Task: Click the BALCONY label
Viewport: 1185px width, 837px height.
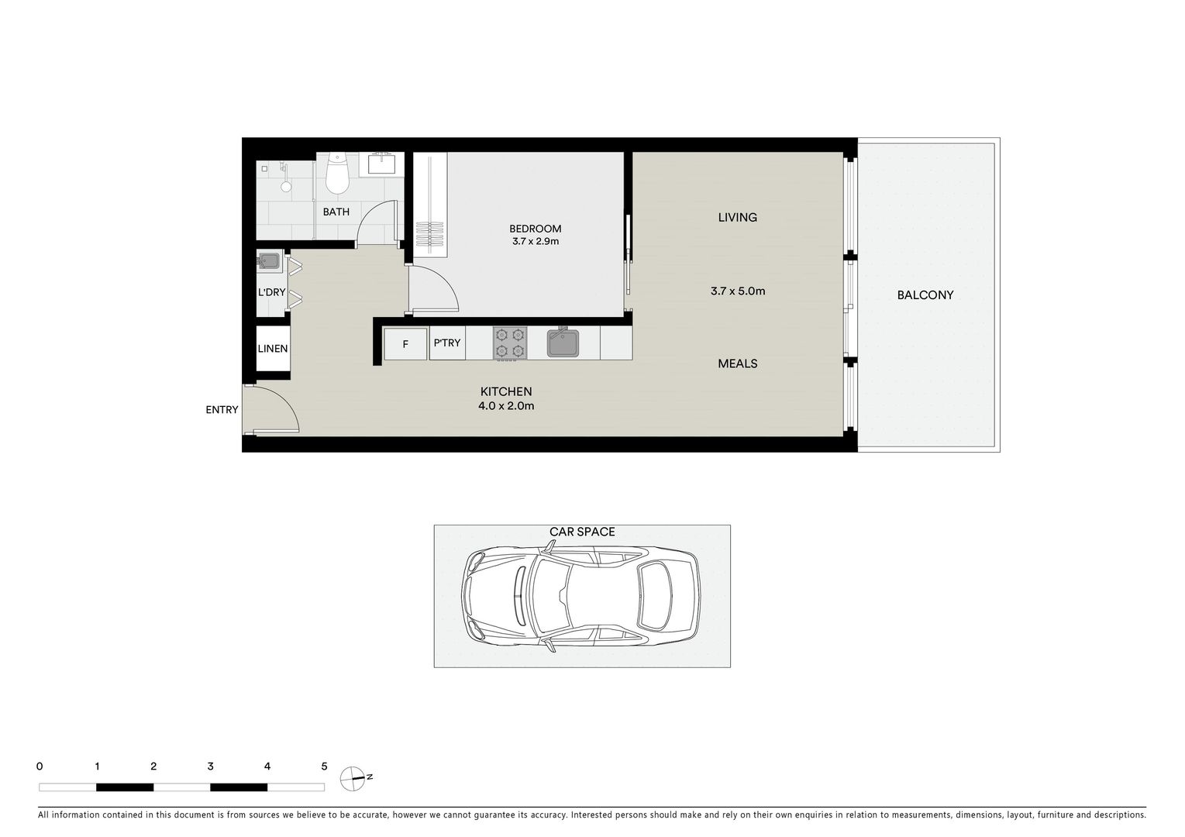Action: (x=925, y=295)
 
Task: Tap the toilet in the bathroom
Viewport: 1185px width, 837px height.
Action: (x=337, y=174)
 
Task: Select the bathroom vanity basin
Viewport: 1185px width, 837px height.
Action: (x=381, y=164)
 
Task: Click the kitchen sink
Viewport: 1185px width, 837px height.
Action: (x=563, y=343)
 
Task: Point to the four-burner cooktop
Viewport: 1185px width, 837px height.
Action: (x=510, y=343)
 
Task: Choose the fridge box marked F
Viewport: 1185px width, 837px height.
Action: (x=405, y=344)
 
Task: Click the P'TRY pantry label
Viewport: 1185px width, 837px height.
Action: (x=447, y=343)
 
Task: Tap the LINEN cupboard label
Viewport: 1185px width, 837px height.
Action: (x=273, y=349)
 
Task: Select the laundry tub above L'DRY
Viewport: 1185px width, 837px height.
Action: (x=269, y=262)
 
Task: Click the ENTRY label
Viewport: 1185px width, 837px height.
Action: (x=222, y=410)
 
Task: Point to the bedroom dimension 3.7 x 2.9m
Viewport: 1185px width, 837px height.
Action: (x=535, y=241)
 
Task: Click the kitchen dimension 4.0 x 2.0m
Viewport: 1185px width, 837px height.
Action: (x=505, y=406)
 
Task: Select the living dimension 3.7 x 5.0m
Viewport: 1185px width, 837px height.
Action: (x=737, y=291)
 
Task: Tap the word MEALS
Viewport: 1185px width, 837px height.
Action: (x=737, y=363)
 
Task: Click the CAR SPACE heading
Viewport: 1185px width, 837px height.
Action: (x=582, y=532)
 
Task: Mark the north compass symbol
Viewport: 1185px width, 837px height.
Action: (x=353, y=778)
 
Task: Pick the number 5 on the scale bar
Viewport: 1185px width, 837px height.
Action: (x=324, y=766)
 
